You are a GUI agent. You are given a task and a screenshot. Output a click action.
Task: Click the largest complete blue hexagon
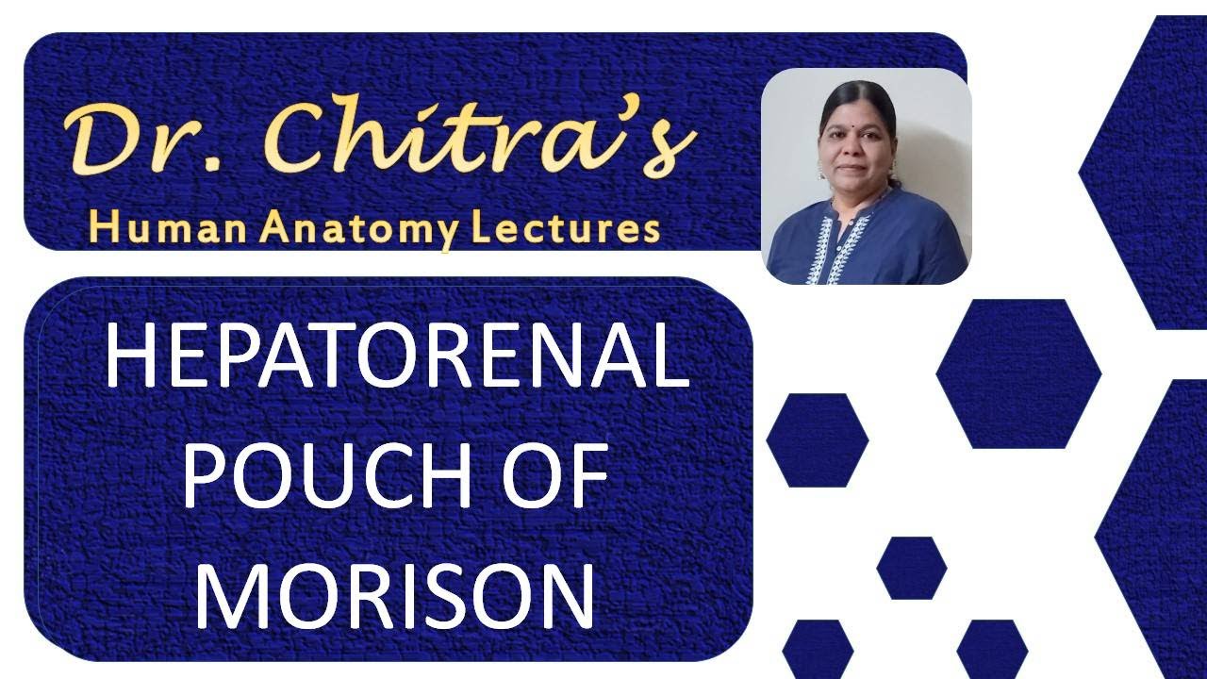point(1018,373)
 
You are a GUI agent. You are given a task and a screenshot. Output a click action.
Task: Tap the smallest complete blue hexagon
point(911,568)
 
